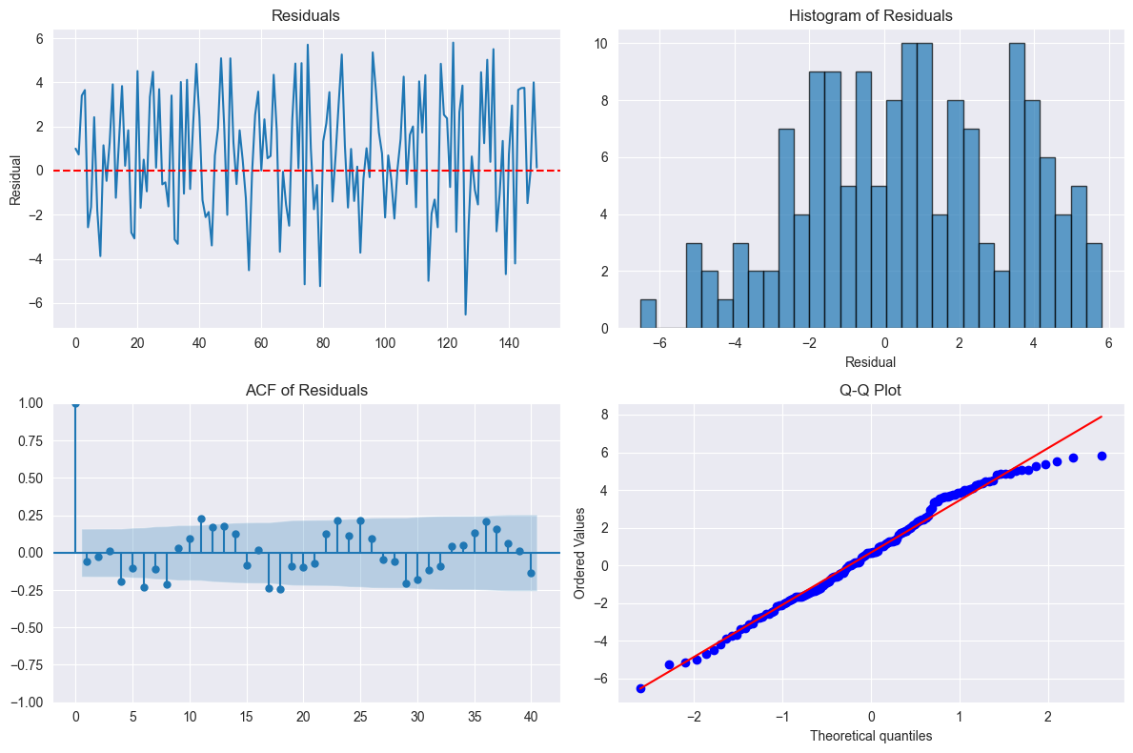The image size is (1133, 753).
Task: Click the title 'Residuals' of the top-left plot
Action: pos(305,15)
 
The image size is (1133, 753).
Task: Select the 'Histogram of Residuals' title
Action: pos(871,15)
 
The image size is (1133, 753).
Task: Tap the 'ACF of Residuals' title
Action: pos(305,389)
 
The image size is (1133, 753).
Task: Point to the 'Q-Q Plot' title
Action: pos(871,389)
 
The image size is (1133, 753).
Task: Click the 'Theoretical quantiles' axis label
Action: pos(871,736)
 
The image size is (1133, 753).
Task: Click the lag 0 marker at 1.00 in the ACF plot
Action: pos(75,404)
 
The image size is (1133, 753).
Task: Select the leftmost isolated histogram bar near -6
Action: pos(648,315)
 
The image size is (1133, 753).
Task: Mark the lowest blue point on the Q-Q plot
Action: pos(640,688)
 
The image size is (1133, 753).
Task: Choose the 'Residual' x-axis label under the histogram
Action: pos(871,362)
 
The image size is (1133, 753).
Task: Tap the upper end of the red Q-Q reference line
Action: pos(1102,417)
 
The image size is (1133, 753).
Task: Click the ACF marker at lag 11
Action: pos(201,519)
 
